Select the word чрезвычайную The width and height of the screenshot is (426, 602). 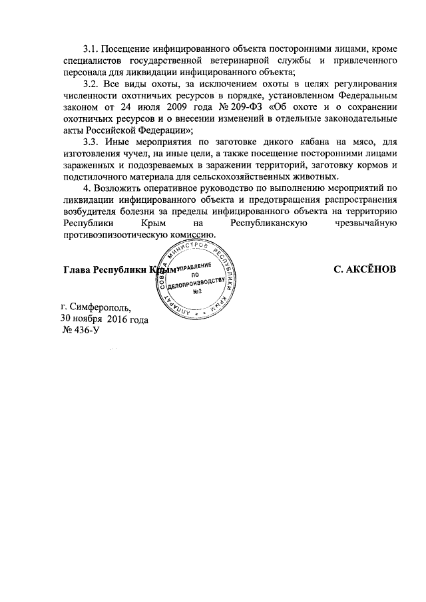[x=367, y=223]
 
